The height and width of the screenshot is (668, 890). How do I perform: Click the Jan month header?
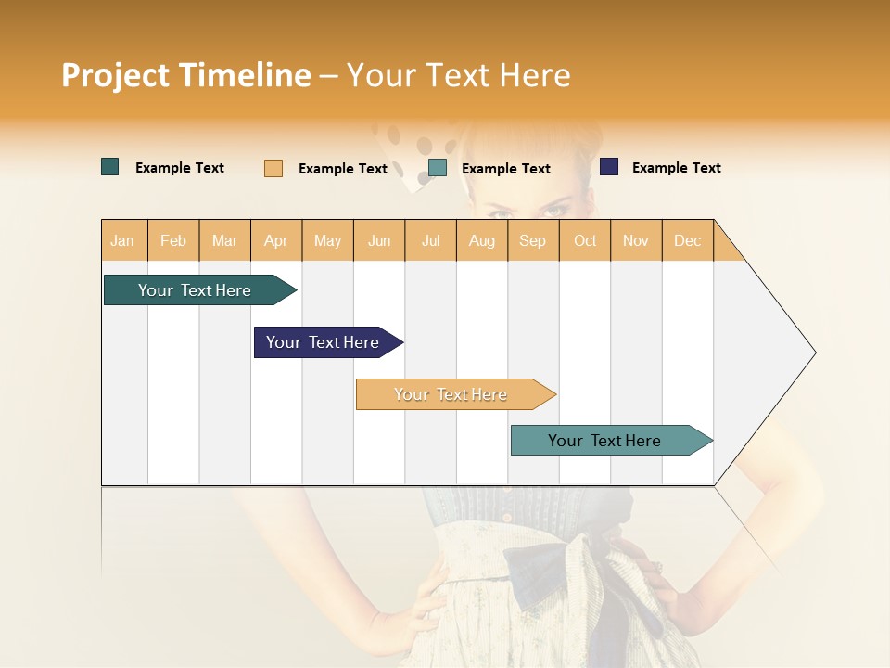(x=122, y=240)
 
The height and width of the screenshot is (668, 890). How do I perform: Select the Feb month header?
(x=173, y=240)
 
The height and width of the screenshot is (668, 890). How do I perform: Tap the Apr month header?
(x=276, y=240)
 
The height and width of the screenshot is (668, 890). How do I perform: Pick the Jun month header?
(x=379, y=240)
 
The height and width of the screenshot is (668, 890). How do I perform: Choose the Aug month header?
(x=482, y=240)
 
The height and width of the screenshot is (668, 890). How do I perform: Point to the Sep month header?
(x=532, y=240)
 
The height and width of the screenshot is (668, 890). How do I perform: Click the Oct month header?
(x=585, y=240)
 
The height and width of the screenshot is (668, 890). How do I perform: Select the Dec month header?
(x=687, y=240)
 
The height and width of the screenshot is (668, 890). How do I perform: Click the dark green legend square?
(x=110, y=167)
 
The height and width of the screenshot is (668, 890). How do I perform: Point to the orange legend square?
(x=273, y=168)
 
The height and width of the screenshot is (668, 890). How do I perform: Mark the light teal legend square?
(x=438, y=168)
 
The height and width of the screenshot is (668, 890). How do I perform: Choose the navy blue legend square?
(x=609, y=167)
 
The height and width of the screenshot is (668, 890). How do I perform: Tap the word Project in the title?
(x=115, y=75)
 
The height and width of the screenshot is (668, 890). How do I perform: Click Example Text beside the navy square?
(x=676, y=168)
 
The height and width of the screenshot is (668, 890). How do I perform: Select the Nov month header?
(x=636, y=240)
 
